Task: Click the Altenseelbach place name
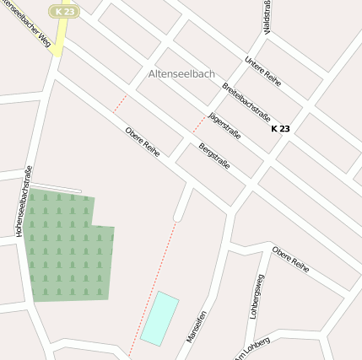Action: pos(181,74)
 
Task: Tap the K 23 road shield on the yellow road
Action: pos(64,11)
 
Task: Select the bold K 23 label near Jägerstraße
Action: pos(280,129)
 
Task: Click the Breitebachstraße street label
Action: pos(246,103)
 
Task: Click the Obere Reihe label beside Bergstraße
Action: pos(142,141)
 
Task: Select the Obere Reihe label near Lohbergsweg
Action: pos(290,260)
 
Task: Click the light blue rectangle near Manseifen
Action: pos(159,318)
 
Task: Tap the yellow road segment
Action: pos(57,42)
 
